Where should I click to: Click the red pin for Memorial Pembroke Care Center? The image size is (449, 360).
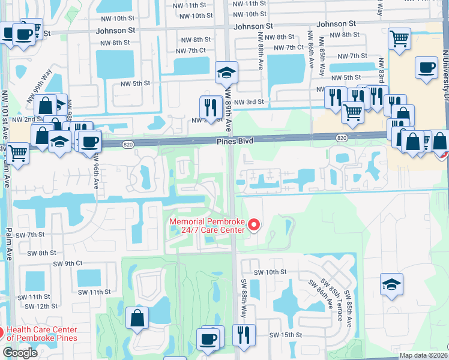(253, 226)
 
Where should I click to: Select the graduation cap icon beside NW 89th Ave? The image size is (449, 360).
(226, 74)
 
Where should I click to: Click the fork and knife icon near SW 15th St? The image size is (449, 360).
(244, 335)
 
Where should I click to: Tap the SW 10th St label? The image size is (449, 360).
(270, 272)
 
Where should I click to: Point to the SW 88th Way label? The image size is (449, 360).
(244, 298)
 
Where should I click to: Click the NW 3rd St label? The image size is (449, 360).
(248, 103)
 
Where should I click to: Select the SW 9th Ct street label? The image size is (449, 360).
(67, 263)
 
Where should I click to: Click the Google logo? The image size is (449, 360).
(20, 353)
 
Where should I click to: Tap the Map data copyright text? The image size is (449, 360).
(424, 355)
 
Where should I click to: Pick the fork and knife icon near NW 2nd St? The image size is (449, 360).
(211, 107)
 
